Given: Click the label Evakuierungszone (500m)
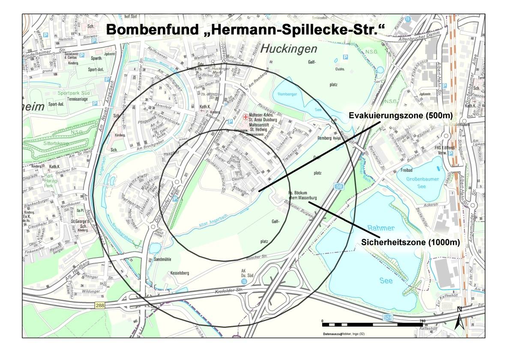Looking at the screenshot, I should coord(401,116).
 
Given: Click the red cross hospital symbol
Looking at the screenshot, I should coord(245,117).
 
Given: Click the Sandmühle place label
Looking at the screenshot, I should coord(163,260).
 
